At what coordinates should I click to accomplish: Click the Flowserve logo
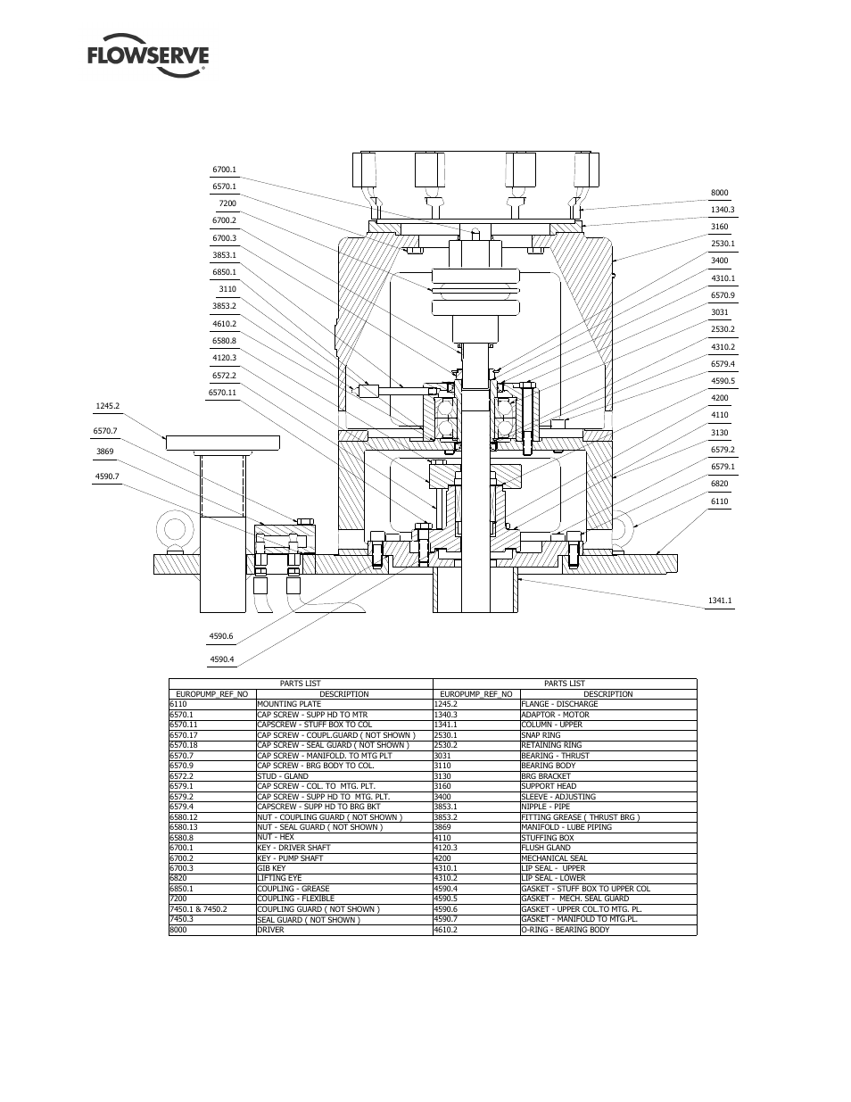coord(148,56)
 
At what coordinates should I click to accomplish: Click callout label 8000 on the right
coord(719,193)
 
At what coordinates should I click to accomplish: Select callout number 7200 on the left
coord(227,203)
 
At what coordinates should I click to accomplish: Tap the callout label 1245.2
coord(107,406)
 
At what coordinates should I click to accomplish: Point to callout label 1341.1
coord(719,601)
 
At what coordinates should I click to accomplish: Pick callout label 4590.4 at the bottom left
coord(221,659)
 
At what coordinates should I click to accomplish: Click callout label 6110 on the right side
coord(719,501)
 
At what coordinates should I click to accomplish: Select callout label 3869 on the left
coord(107,452)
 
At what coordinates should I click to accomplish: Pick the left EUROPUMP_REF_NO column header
coord(212,693)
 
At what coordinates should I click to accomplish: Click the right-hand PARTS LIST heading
coord(564,684)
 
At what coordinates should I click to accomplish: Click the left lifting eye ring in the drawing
coord(171,528)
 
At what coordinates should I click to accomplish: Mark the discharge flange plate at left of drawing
coord(222,443)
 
